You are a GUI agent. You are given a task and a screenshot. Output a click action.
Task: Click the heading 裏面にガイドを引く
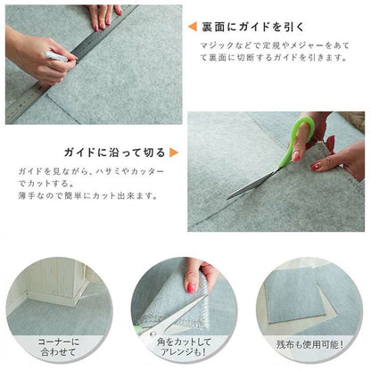pos(253,27)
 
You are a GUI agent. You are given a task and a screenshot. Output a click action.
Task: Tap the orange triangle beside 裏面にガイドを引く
pos(193,27)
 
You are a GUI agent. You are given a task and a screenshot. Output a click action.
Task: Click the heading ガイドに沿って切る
pos(114,153)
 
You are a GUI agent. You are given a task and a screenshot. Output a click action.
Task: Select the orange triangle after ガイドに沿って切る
pos(174,153)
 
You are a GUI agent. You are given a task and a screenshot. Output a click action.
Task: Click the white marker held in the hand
pos(56,56)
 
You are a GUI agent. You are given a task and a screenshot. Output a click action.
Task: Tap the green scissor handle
pos(298,140)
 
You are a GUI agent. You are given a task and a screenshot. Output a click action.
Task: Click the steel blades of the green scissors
pos(253,184)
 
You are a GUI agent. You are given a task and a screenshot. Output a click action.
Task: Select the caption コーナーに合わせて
pos(59,347)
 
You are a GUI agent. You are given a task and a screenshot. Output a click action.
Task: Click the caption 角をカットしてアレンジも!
pos(184,347)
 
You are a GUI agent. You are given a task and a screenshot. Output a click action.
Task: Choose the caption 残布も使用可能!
pos(309,344)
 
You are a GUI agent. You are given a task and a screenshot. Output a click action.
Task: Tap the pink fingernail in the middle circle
pos(191,287)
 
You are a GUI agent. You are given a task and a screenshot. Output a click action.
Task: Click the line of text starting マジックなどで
pos(275,45)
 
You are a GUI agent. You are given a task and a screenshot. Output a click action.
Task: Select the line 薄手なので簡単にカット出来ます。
pos(88,196)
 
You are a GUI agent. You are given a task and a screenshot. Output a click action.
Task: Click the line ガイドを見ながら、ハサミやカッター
pos(91,171)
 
